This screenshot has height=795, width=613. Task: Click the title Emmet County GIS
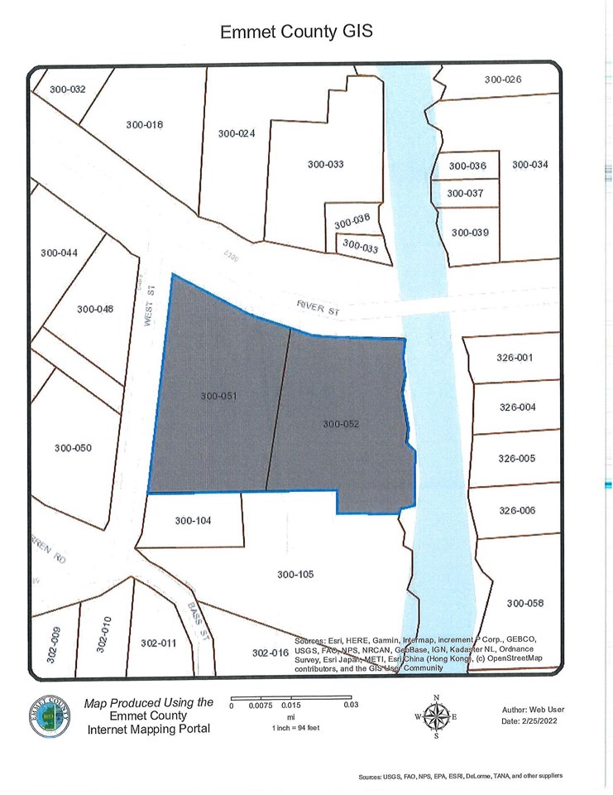point(297,32)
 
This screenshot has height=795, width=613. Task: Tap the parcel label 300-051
point(219,396)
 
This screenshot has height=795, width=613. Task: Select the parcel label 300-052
point(341,424)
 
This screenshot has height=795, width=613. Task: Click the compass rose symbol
point(437,715)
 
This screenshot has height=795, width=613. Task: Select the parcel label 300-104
point(194,521)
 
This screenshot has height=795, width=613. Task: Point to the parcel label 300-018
point(145,125)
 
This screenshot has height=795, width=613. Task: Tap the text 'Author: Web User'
point(531,710)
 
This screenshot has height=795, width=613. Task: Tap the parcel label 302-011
point(159,643)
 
